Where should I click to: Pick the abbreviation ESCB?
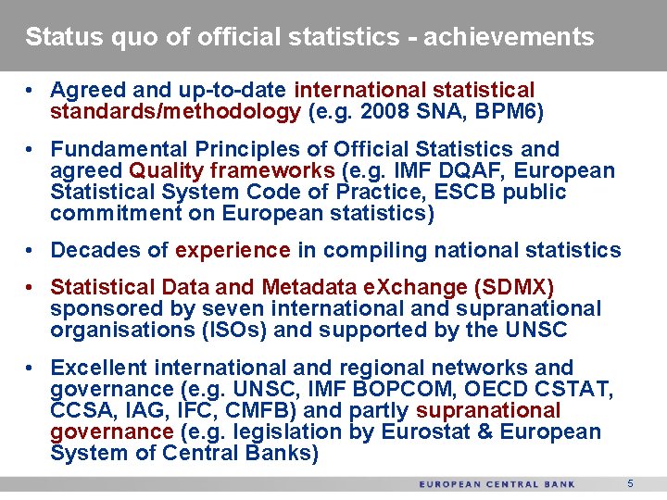click(497, 193)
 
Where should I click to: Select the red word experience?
click(233, 250)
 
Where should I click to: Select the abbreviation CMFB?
click(254, 410)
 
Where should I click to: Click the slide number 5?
click(630, 483)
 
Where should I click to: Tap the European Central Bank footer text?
click(497, 484)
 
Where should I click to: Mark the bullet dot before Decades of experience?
click(31, 251)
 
